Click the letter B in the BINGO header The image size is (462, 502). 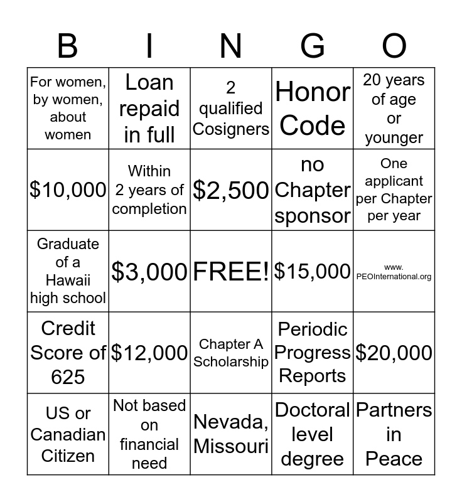(x=68, y=46)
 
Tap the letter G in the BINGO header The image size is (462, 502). (x=313, y=46)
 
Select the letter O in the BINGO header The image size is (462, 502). (x=394, y=46)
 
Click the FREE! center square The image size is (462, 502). (x=231, y=271)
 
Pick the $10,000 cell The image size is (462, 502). (x=68, y=190)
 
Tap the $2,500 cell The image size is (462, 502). (x=231, y=190)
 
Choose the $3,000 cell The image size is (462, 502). (x=149, y=271)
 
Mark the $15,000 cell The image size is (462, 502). (x=313, y=271)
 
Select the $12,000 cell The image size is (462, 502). (x=149, y=353)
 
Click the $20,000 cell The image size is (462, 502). (x=394, y=353)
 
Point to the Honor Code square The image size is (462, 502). (x=313, y=109)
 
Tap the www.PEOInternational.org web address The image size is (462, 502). (x=394, y=272)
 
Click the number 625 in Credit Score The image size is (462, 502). (x=68, y=376)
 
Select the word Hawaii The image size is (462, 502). (x=68, y=280)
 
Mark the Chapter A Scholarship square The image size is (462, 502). (x=231, y=353)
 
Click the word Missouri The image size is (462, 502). (x=231, y=446)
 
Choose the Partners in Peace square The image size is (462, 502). (x=394, y=434)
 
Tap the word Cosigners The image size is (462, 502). (x=231, y=129)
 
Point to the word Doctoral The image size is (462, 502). (x=313, y=410)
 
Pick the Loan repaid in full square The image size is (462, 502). (x=149, y=109)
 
